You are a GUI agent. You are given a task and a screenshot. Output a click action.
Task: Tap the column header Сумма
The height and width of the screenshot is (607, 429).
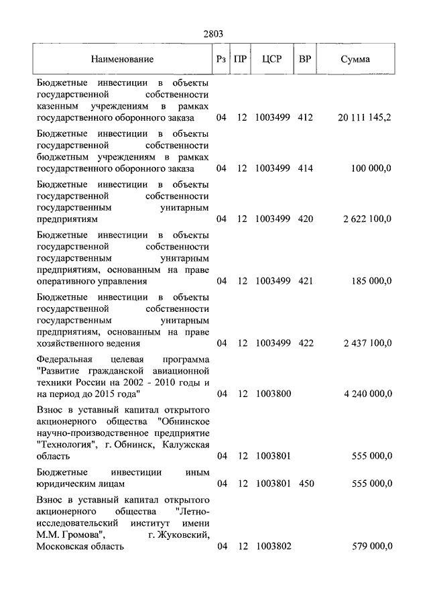coord(355,59)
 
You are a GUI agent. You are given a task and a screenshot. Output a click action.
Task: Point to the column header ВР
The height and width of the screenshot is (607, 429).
coord(305,59)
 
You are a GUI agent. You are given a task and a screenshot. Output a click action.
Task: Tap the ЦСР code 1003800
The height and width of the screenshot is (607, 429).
coord(272,394)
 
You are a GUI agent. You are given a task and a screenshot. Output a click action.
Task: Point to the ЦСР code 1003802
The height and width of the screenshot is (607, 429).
coord(272,547)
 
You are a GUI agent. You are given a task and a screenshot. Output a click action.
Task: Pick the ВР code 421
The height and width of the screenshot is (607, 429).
coord(305,282)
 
